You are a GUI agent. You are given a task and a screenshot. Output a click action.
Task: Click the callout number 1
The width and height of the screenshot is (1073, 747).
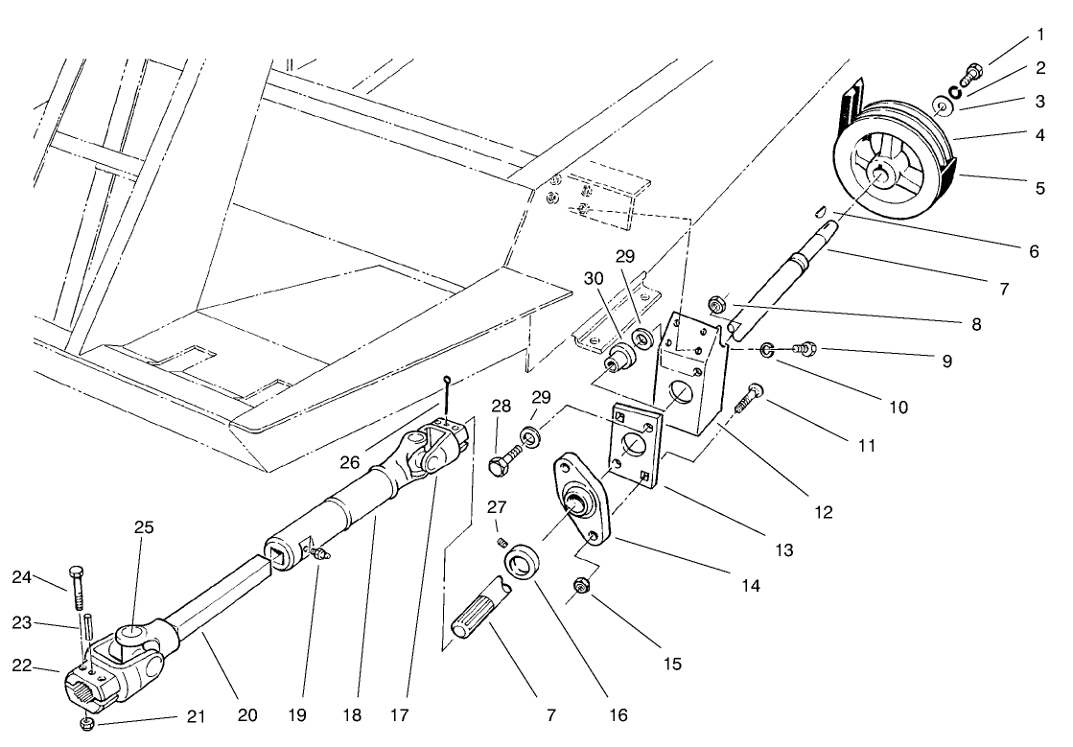1040,35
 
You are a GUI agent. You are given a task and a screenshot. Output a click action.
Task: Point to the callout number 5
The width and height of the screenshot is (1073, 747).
1039,188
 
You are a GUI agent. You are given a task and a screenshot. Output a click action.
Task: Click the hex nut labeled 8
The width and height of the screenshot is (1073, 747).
715,306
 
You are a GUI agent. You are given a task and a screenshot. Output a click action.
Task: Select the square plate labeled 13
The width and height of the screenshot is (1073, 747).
634,445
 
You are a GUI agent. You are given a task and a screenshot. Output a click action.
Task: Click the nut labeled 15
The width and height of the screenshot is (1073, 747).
579,585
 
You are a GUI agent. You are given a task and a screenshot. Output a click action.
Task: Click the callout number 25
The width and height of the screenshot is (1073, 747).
144,527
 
